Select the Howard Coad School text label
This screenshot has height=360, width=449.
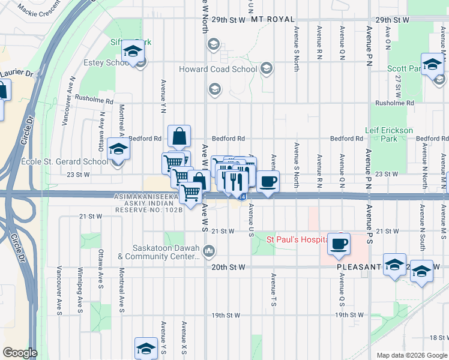pyautogui.click(x=218, y=69)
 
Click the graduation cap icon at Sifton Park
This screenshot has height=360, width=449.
pyautogui.click(x=131, y=52)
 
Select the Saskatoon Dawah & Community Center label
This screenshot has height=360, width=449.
pyautogui.click(x=158, y=253)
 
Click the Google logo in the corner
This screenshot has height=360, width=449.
pyautogui.click(x=20, y=353)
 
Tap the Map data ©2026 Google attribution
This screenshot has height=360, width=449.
pyautogui.click(x=412, y=355)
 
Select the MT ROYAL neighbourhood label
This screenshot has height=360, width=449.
pyautogui.click(x=266, y=20)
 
